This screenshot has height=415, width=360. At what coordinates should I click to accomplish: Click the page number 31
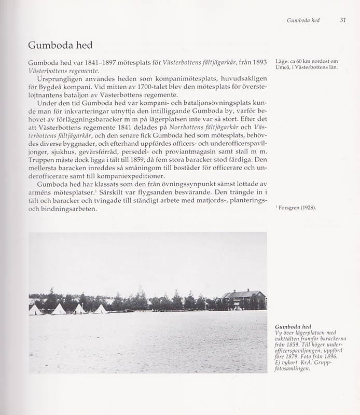[x=343, y=20]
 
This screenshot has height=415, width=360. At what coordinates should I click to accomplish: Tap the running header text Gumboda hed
[x=303, y=20]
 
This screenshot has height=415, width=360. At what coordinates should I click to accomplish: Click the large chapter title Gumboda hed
[x=60, y=45]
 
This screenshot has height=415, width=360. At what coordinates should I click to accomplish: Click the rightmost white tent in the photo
[x=100, y=309]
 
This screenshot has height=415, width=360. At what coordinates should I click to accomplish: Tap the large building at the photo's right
[x=243, y=299]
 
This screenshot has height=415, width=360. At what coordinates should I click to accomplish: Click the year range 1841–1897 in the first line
[x=94, y=63]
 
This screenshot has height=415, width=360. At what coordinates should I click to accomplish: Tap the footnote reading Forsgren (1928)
[x=297, y=208]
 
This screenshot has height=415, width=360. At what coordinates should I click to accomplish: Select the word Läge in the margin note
[x=283, y=61]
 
